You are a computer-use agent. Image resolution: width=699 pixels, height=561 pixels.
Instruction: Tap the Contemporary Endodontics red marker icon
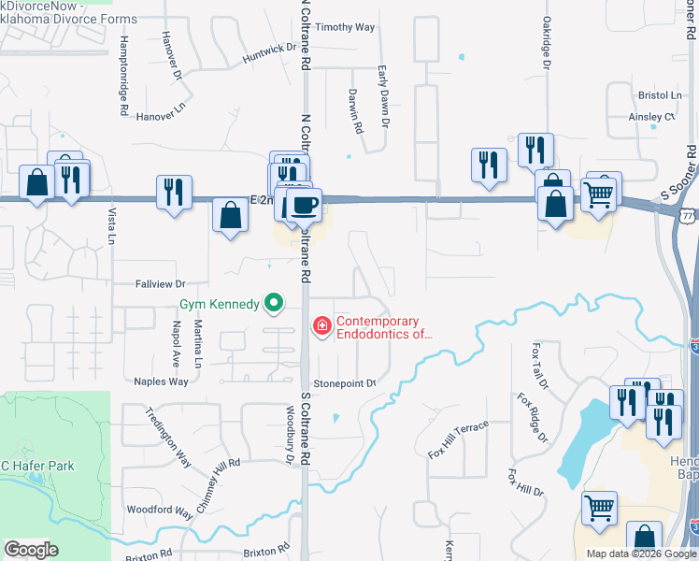[321, 325]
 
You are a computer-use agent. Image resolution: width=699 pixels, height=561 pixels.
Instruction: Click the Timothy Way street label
[343, 27]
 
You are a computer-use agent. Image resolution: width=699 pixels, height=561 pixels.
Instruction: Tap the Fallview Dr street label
[161, 283]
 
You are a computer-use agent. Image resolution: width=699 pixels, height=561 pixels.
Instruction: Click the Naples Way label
[161, 381]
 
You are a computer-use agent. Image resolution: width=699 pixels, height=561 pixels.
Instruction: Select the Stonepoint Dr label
[344, 383]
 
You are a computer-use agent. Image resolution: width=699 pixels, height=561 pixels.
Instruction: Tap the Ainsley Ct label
[651, 117]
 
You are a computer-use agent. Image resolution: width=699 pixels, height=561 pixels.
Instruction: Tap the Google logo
[31, 550]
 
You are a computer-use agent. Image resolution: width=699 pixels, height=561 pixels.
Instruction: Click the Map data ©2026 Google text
[640, 554]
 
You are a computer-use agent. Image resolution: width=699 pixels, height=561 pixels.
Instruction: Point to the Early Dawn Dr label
[383, 96]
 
